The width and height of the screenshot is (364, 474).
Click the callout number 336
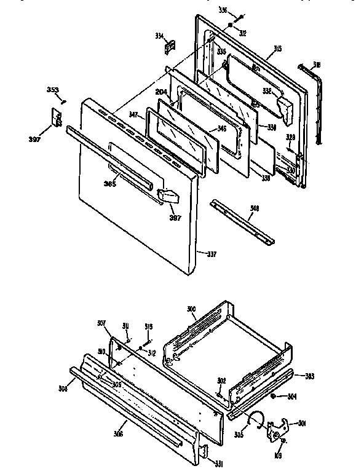click(223, 10)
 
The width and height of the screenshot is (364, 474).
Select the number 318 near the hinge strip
click(316, 65)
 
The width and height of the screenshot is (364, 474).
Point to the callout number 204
click(160, 92)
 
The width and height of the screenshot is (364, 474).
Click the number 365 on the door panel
click(110, 183)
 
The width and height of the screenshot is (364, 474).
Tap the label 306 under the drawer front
click(118, 433)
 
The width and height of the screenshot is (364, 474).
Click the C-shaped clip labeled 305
click(253, 420)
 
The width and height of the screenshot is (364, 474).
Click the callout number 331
click(211, 463)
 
